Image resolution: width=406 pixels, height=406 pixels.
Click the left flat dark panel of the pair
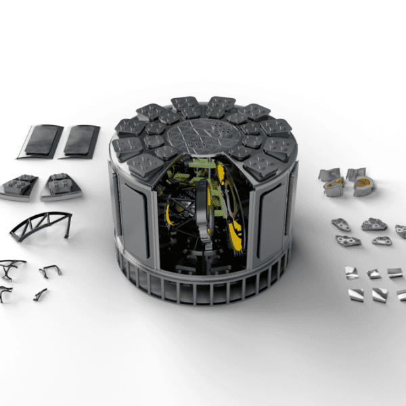click(40, 141)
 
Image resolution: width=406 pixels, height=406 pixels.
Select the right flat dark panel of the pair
click(79, 141)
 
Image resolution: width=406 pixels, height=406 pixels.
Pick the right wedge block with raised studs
click(61, 187)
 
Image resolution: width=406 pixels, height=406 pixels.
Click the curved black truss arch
click(41, 225)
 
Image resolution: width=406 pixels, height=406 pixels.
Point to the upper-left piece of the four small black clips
click(12, 269)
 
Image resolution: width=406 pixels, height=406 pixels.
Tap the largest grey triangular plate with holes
click(374, 224)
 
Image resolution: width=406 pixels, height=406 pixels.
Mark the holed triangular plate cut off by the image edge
click(401, 231)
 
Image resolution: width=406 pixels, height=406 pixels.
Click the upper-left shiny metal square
click(351, 271)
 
